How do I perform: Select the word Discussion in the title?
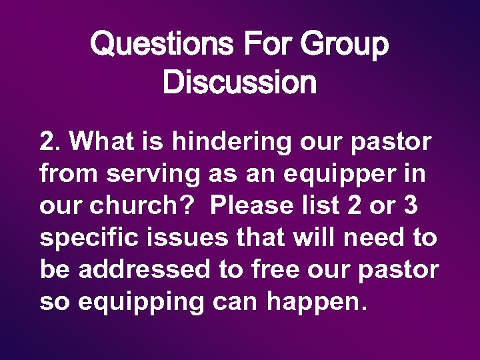pyautogui.click(x=239, y=83)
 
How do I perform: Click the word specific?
pyautogui.click(x=83, y=238)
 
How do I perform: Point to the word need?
pyautogui.click(x=373, y=238)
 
